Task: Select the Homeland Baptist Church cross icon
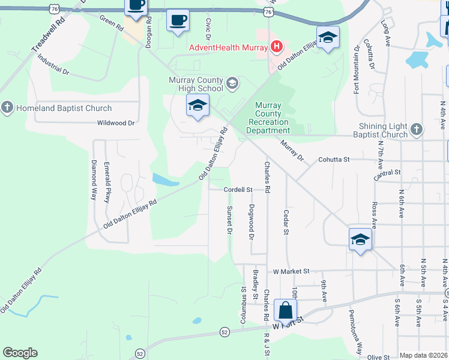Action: pos(7,108)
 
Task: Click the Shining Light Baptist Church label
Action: pos(383,130)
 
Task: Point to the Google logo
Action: pos(20,353)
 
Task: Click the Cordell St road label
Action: pos(237,189)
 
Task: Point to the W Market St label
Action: pos(291,271)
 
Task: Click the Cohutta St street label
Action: pos(334,160)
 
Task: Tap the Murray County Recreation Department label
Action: pos(268,118)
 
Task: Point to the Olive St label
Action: pos(379,357)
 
